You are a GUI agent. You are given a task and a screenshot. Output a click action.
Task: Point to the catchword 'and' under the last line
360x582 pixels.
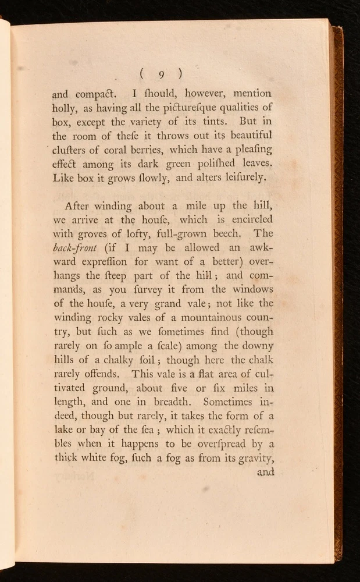coord(265,472)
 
